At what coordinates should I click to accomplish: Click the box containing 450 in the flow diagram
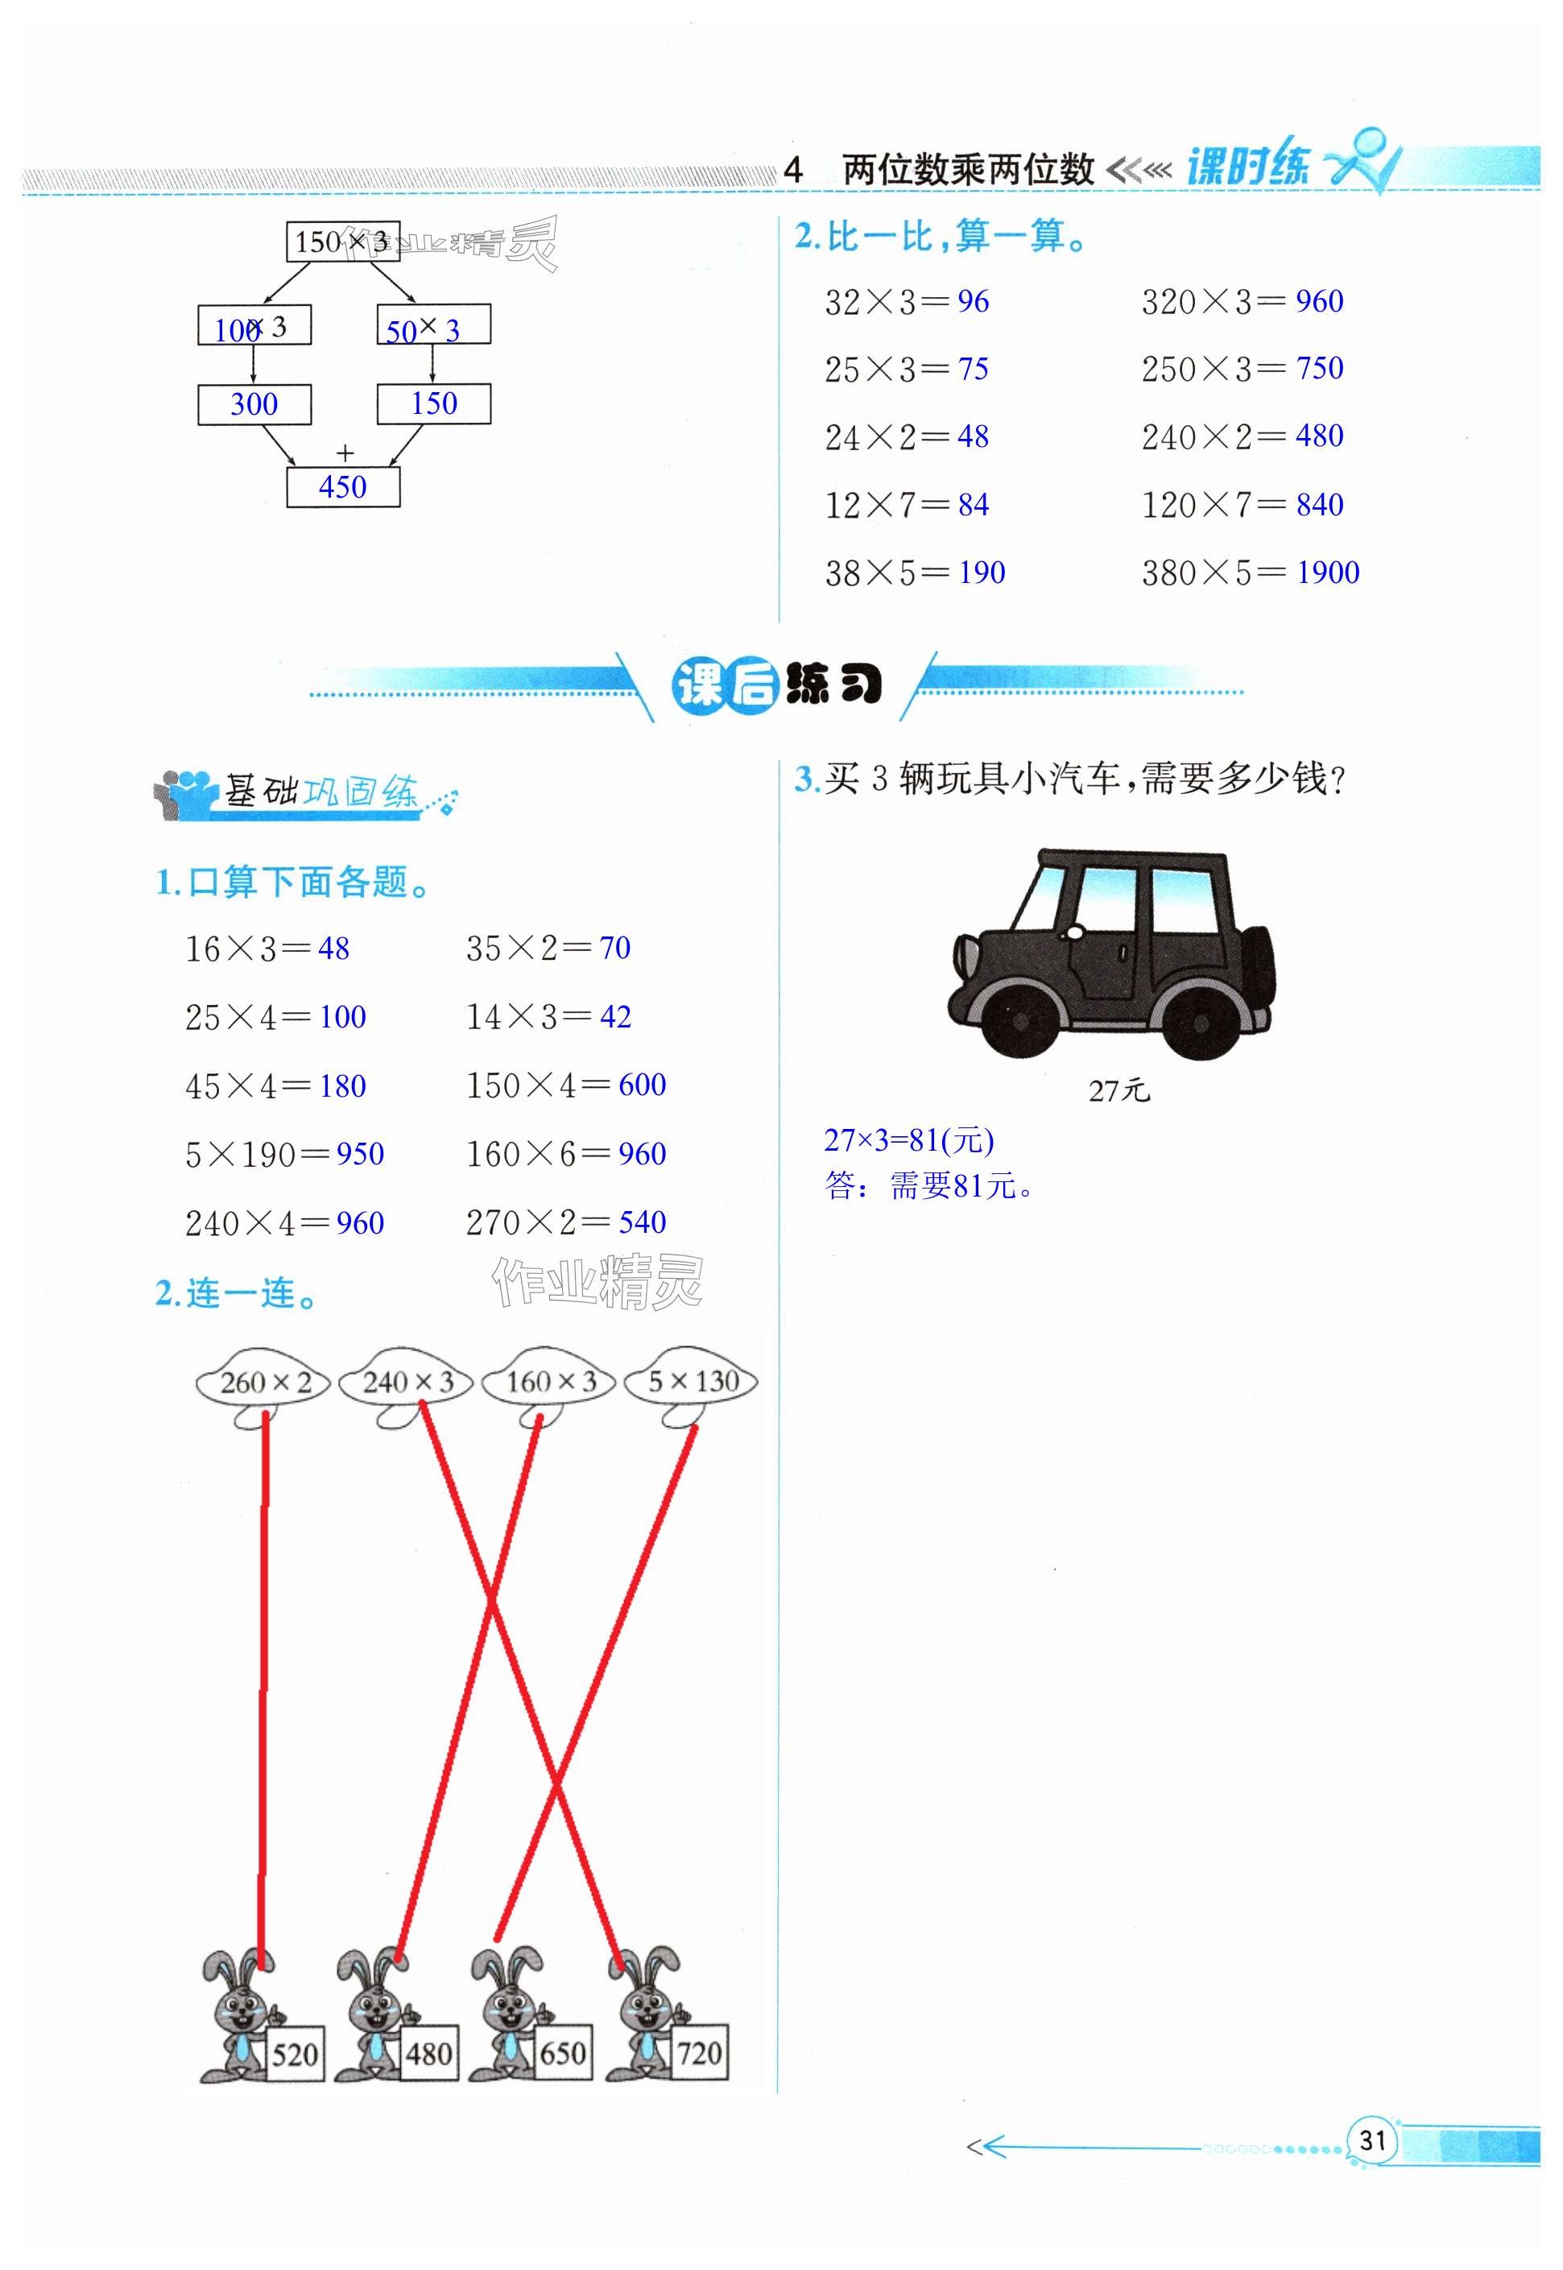pyautogui.click(x=343, y=486)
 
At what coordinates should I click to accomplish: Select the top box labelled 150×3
pyautogui.click(x=343, y=241)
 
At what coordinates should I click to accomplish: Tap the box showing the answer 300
pyautogui.click(x=254, y=403)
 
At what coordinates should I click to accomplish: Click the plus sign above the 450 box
pyautogui.click(x=345, y=453)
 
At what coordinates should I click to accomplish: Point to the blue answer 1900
pyautogui.click(x=1328, y=573)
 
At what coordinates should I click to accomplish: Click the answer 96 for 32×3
pyautogui.click(x=974, y=302)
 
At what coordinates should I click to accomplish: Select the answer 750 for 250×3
pyautogui.click(x=1319, y=369)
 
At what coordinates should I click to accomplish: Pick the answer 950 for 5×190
pyautogui.click(x=361, y=1154)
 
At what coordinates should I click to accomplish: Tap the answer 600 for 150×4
pyautogui.click(x=643, y=1085)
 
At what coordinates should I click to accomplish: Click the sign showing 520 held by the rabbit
pyautogui.click(x=295, y=2053)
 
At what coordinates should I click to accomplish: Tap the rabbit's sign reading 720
pyautogui.click(x=699, y=2053)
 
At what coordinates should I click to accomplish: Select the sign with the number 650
pyautogui.click(x=563, y=2053)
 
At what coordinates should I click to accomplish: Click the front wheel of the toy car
pyautogui.click(x=1019, y=1020)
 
